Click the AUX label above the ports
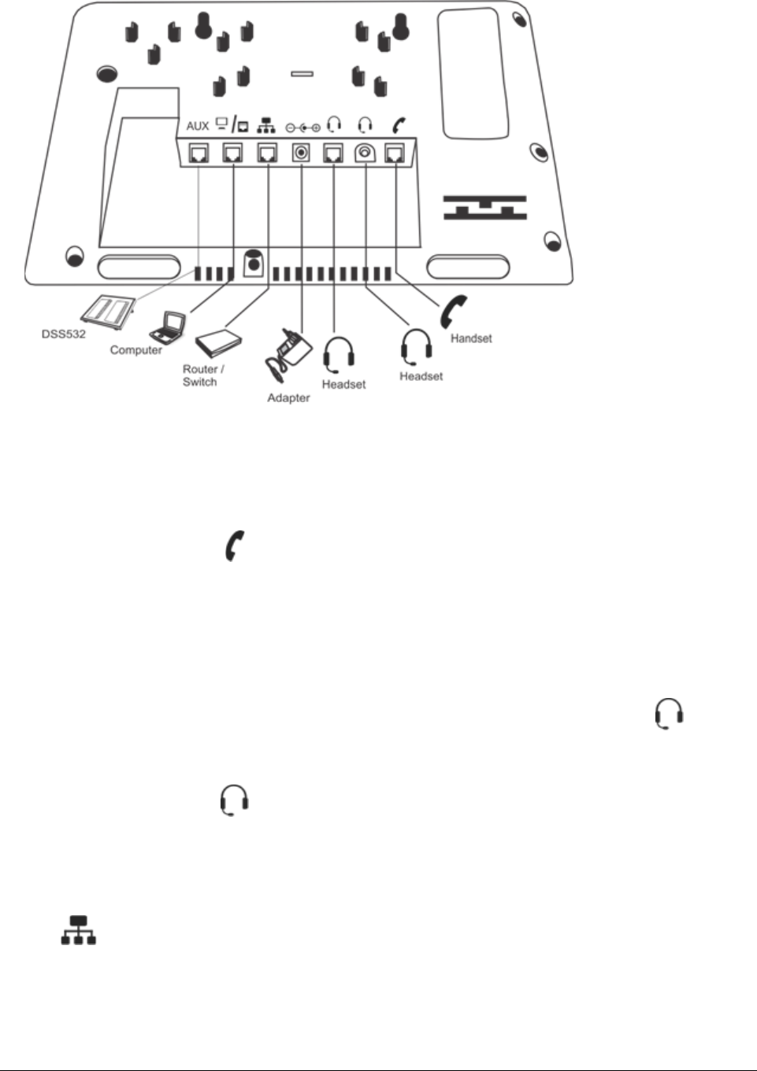[x=198, y=126]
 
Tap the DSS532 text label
[x=64, y=334]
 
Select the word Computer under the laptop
[x=136, y=350]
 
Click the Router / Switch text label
[x=203, y=375]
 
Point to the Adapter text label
[x=288, y=398]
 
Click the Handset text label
[x=471, y=338]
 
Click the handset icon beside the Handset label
[x=454, y=312]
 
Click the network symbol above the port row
[x=266, y=125]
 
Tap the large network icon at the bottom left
[x=79, y=929]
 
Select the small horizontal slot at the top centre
[x=302, y=74]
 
